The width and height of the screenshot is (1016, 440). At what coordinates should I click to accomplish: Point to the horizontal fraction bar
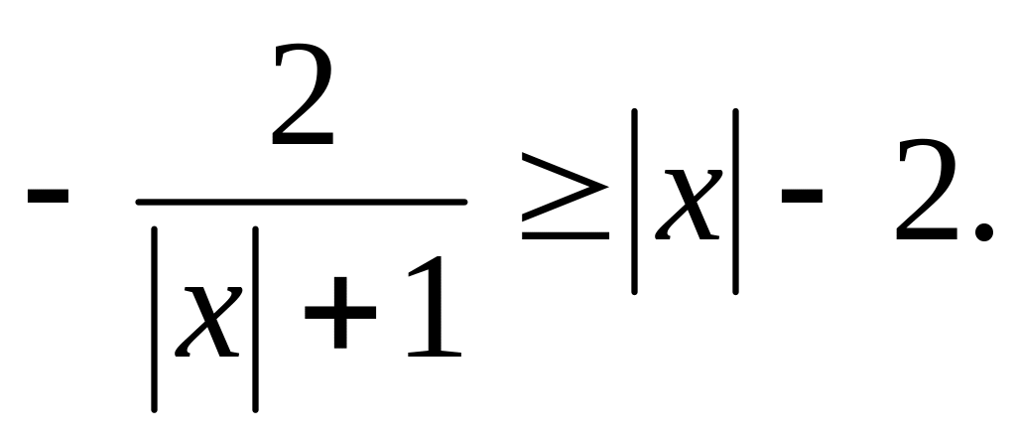click(x=302, y=202)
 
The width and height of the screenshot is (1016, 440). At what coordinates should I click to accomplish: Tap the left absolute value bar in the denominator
click(x=156, y=318)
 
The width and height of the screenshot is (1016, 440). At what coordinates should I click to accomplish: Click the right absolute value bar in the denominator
click(x=255, y=318)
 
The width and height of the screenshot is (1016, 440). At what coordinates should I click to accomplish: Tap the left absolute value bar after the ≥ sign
click(x=634, y=202)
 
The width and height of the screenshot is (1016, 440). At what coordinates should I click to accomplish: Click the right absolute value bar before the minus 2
click(x=735, y=202)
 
